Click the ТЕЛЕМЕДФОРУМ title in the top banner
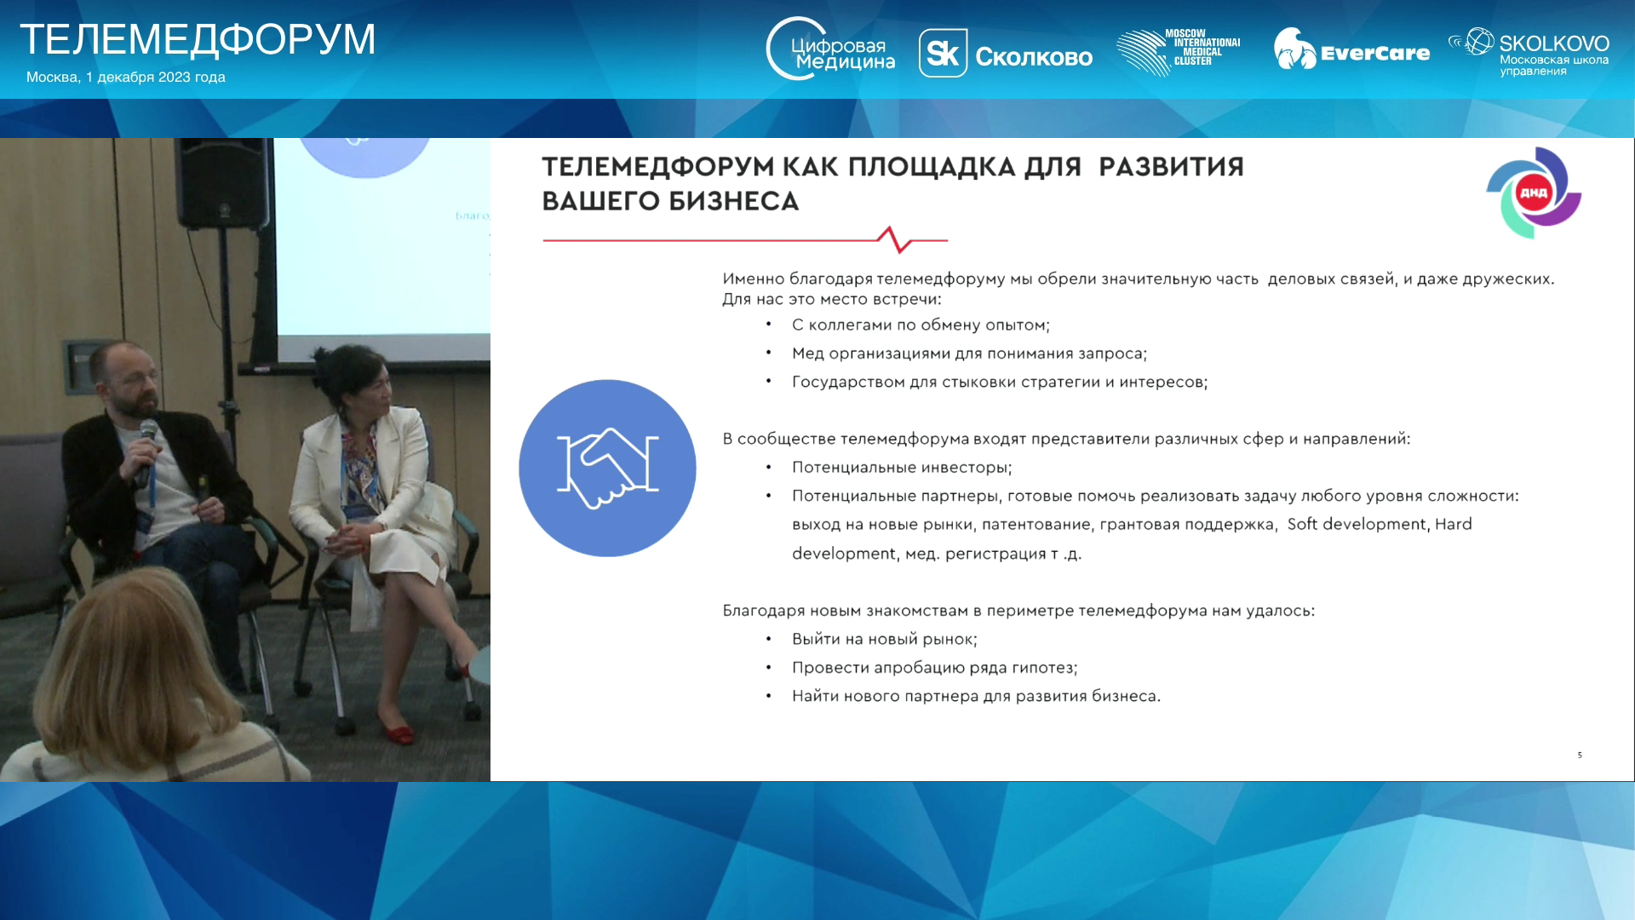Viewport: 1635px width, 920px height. (x=198, y=39)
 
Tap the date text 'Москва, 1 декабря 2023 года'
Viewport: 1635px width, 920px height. (x=126, y=77)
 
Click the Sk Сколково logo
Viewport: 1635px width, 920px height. (x=1005, y=54)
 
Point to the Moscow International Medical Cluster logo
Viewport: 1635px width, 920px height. (x=1179, y=52)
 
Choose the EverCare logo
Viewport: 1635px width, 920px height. (x=1351, y=49)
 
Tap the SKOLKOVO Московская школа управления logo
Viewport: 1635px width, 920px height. (x=1529, y=52)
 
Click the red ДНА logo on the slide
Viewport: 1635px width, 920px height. (x=1534, y=193)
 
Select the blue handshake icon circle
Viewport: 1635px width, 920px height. (x=607, y=468)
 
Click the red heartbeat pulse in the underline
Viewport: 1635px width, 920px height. (x=895, y=239)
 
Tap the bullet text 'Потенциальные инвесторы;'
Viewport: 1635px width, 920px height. (x=902, y=468)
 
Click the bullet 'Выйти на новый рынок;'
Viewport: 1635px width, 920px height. (x=885, y=639)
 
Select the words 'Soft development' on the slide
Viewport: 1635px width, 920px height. (x=1356, y=524)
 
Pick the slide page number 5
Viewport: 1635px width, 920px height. (x=1580, y=755)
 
